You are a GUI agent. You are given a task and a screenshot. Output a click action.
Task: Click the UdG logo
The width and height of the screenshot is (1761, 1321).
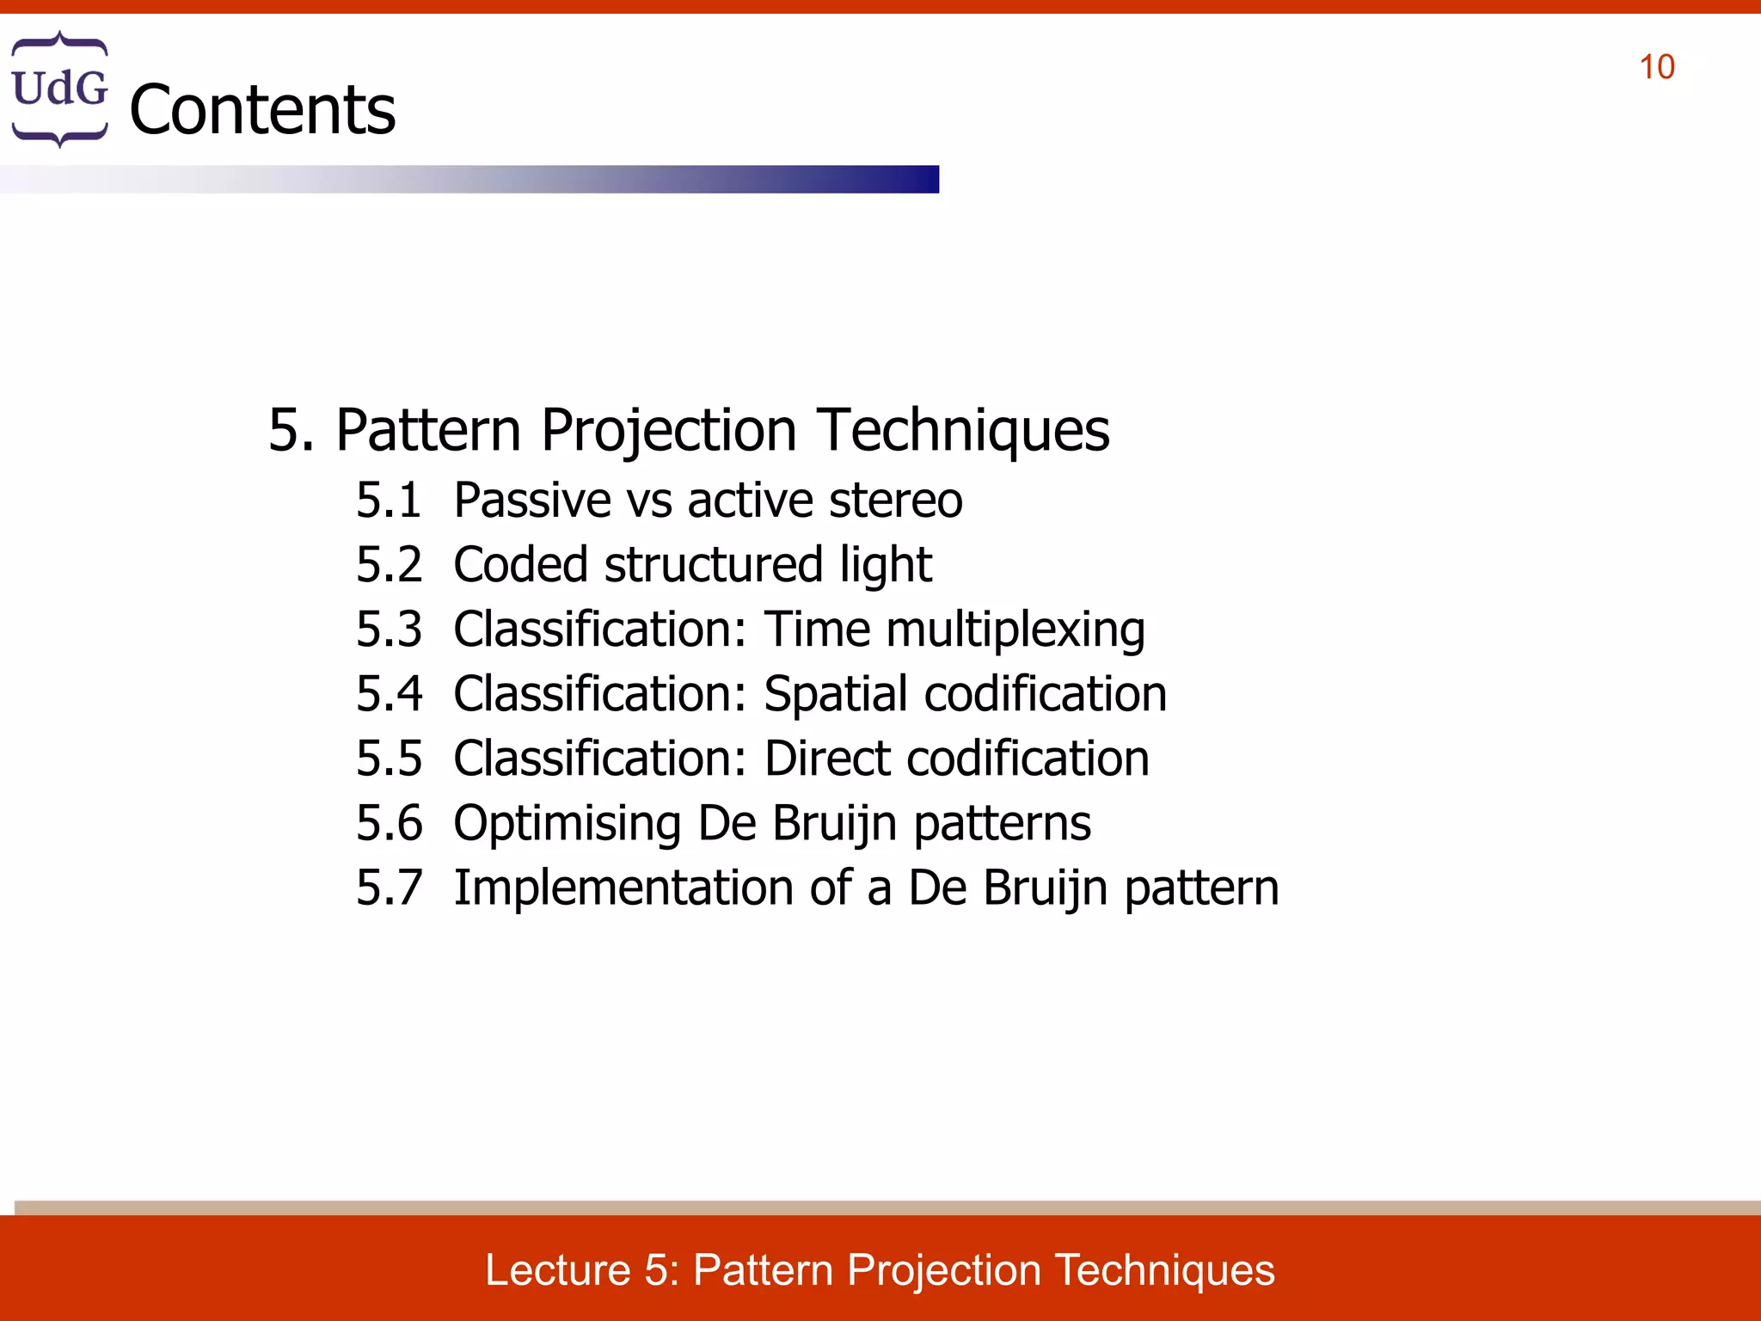click(x=59, y=89)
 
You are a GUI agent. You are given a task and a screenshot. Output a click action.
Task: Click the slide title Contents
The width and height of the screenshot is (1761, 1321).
click(x=262, y=110)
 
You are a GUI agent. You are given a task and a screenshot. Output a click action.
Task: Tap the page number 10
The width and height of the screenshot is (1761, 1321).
click(x=1656, y=68)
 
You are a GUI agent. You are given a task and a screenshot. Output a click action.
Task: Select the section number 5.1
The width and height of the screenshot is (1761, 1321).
click(x=389, y=501)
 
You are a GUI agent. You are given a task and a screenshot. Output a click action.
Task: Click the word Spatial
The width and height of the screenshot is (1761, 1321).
click(x=835, y=694)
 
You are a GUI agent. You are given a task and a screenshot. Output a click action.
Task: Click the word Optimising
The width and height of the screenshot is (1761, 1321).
click(x=568, y=823)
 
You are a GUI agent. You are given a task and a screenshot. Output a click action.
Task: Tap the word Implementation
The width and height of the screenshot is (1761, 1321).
click(x=623, y=888)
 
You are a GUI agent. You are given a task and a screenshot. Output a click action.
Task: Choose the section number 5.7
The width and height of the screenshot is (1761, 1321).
click(x=389, y=888)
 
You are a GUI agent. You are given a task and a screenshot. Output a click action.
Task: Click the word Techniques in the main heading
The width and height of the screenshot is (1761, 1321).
click(x=963, y=429)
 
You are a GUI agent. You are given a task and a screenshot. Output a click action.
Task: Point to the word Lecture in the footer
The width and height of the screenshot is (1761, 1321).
click(x=558, y=1270)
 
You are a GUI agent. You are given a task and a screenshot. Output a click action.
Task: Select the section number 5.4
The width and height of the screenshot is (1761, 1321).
click(x=389, y=694)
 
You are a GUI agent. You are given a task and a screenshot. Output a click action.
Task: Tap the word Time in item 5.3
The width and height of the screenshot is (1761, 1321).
click(x=817, y=630)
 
